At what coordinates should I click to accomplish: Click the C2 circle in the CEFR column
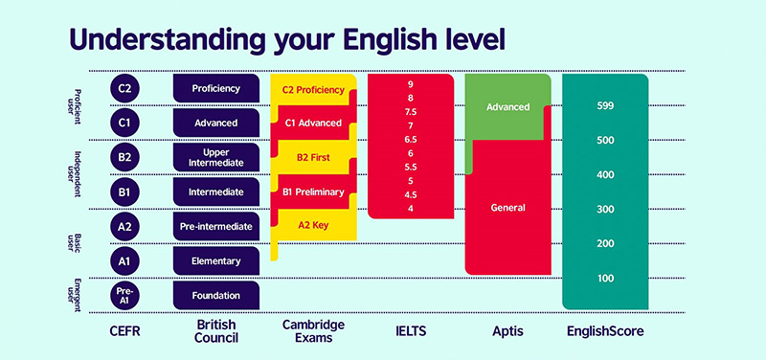(125, 89)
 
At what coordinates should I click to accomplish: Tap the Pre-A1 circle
(125, 295)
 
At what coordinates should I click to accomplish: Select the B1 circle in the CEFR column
(125, 191)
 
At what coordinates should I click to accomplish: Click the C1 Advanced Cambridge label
(312, 124)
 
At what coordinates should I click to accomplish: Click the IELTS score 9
(410, 84)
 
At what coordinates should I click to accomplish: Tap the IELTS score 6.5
(410, 140)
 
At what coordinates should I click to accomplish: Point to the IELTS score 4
(410, 209)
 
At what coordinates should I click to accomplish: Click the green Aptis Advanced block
(507, 106)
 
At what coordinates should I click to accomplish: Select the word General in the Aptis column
(507, 208)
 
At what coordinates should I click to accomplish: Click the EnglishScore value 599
(604, 105)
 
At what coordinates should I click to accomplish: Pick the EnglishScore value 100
(604, 278)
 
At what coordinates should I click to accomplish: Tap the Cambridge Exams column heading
(312, 332)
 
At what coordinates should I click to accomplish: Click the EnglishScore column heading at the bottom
(604, 331)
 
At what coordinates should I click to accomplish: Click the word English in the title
(377, 39)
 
